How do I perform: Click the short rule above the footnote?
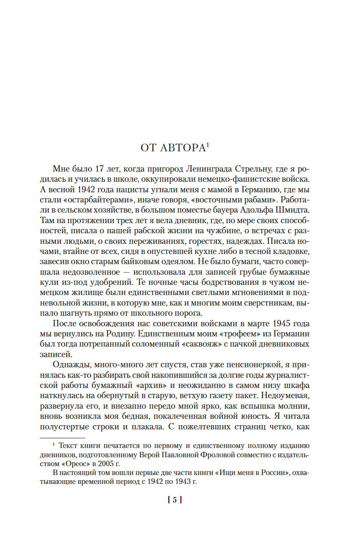(x=62, y=438)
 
